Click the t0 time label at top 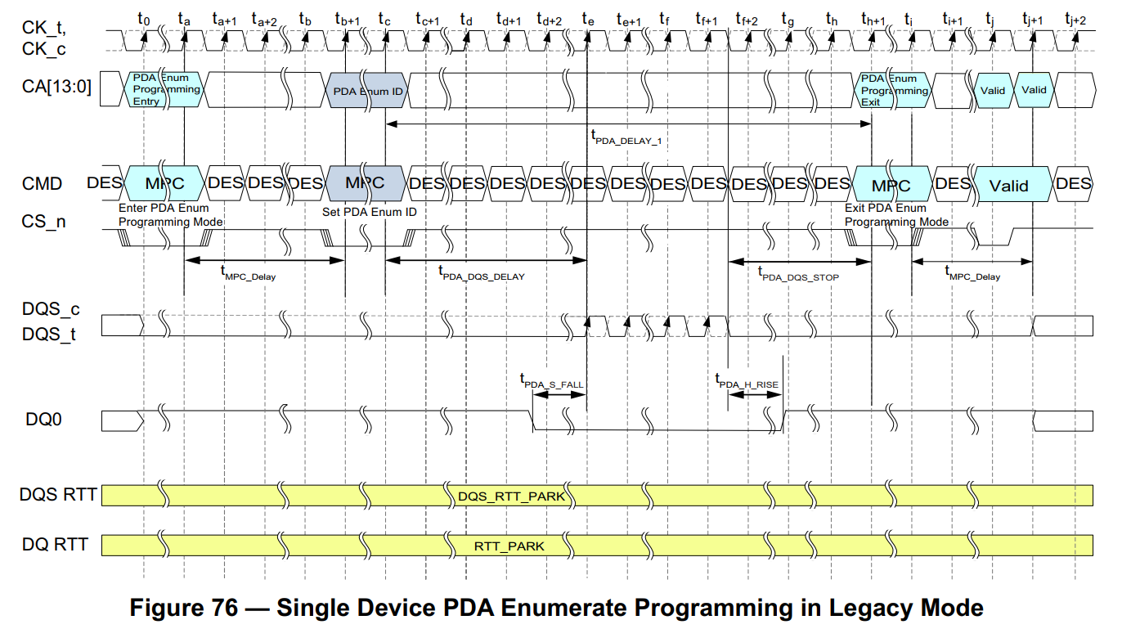click(x=145, y=17)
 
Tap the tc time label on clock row click(x=385, y=17)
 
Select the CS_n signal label click(x=44, y=222)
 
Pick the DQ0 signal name click(x=46, y=420)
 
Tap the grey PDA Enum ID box click(x=366, y=91)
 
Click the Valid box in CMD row click(x=1009, y=185)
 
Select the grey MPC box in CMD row click(x=365, y=182)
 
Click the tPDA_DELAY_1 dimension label click(x=626, y=138)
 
